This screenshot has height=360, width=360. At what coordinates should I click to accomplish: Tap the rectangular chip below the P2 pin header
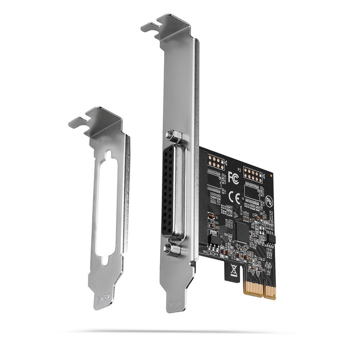[255, 193]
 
